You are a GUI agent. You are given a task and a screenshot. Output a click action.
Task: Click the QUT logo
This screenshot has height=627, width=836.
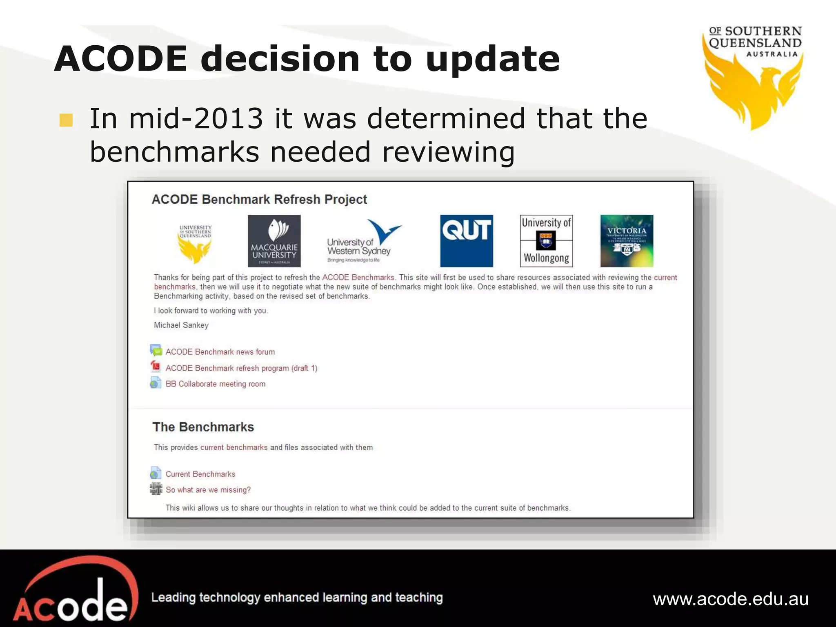tap(466, 241)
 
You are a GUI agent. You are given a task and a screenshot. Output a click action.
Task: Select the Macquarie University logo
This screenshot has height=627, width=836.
tap(274, 241)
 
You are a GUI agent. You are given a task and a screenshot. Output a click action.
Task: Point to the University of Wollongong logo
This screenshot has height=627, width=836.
tap(546, 241)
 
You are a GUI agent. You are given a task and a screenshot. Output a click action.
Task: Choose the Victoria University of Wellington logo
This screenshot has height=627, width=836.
tap(627, 241)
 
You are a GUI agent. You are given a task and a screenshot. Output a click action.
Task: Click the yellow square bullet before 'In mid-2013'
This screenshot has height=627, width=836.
tap(66, 120)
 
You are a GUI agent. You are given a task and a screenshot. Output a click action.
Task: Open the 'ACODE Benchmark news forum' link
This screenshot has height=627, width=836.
tap(220, 352)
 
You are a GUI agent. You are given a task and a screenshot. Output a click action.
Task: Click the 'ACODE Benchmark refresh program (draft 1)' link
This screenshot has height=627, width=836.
tap(241, 368)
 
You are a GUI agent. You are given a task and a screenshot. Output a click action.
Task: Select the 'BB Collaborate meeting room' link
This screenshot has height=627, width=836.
tap(216, 384)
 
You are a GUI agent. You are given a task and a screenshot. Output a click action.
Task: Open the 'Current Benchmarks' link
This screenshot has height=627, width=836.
tap(200, 474)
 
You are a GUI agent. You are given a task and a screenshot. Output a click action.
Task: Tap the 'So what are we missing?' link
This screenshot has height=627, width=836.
tap(208, 490)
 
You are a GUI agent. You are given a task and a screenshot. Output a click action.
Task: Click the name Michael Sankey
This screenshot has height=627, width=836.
tap(181, 325)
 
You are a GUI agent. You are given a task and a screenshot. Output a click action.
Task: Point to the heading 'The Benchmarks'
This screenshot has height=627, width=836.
tap(203, 427)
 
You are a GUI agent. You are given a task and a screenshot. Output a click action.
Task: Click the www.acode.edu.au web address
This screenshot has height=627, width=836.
tap(731, 599)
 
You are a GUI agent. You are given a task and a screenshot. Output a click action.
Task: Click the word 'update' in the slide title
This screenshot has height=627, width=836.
tap(493, 59)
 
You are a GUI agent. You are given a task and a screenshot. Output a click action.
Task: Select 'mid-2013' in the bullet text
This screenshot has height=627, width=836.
tap(196, 119)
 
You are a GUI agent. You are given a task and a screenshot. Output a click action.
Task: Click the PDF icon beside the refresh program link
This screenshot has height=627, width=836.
tap(156, 367)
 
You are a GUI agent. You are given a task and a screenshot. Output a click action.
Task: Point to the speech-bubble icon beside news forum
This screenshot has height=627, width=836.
tap(156, 350)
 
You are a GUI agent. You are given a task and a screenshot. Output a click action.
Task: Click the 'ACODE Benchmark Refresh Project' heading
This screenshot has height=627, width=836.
tap(259, 200)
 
